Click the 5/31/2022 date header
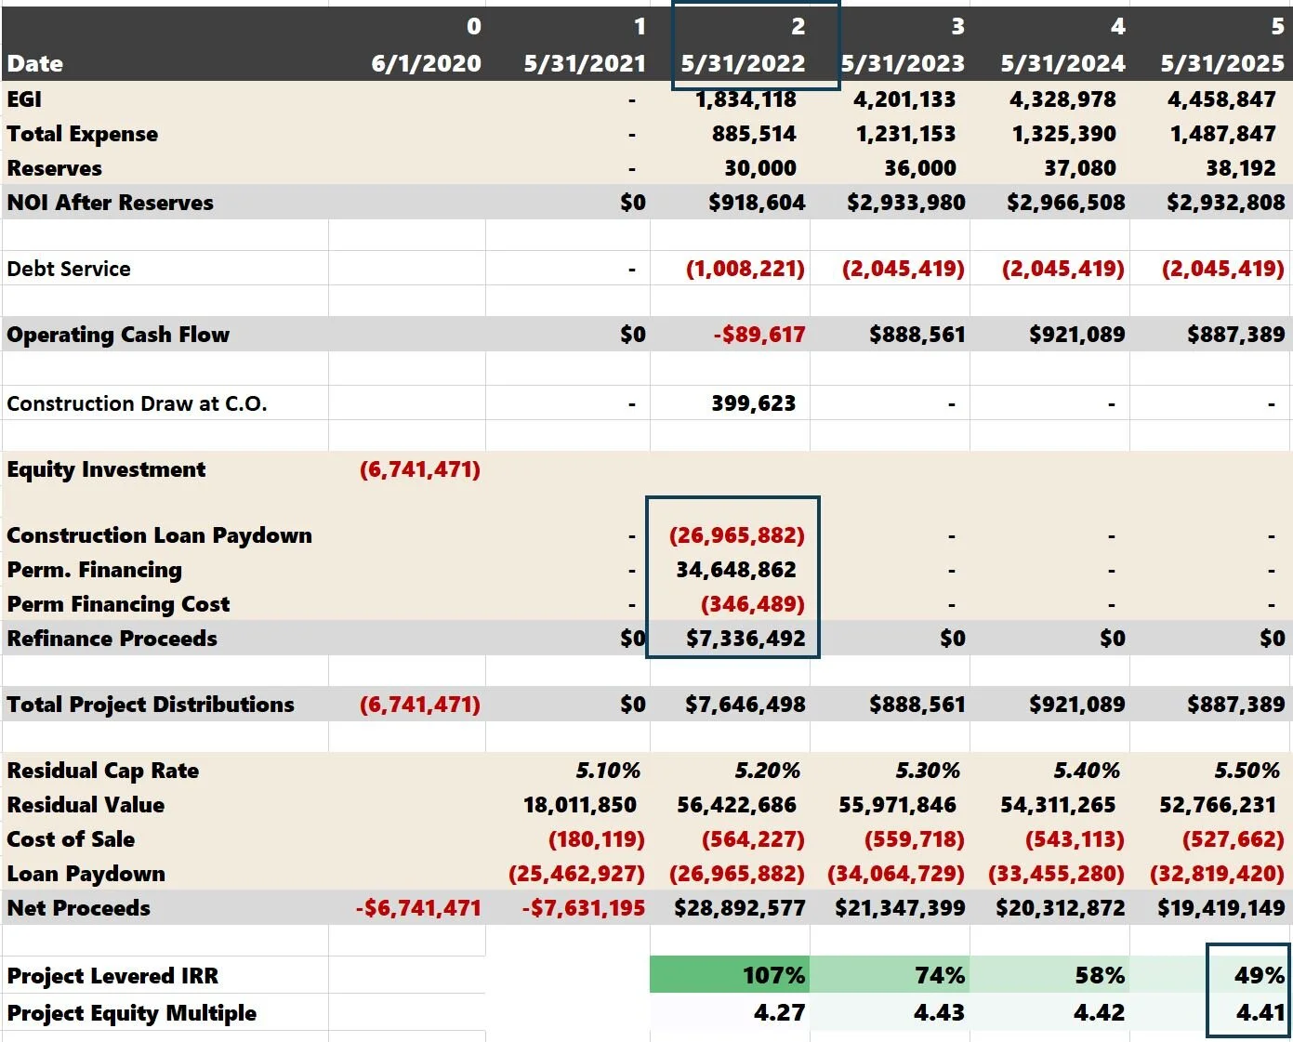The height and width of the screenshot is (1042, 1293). coord(743,63)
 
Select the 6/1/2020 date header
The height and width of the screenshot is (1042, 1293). coord(426,63)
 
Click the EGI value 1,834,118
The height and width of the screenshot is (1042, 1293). coord(745,99)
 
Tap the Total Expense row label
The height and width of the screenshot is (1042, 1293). coord(82,134)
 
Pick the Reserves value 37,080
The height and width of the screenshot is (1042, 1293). coord(1079,168)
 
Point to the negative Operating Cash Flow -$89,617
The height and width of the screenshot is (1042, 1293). coord(759,335)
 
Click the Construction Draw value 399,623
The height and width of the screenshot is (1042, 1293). coord(753,403)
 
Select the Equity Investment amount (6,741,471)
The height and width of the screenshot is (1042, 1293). coord(420,469)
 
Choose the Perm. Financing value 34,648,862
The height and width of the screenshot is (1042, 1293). coord(735,570)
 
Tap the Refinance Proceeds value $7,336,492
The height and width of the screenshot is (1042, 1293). coord(745,639)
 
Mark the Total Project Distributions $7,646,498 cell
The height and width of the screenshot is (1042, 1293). coord(745,705)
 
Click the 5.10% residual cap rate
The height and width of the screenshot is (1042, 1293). coord(608,771)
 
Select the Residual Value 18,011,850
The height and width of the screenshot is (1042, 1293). coord(579,805)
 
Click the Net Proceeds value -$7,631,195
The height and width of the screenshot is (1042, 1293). coord(583,908)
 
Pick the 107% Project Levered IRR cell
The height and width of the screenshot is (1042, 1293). coord(773,976)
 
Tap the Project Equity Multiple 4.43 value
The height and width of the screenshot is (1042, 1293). coord(939,1012)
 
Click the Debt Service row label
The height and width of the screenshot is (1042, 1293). coord(69,269)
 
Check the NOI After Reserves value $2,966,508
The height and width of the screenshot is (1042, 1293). coord(1065,203)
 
